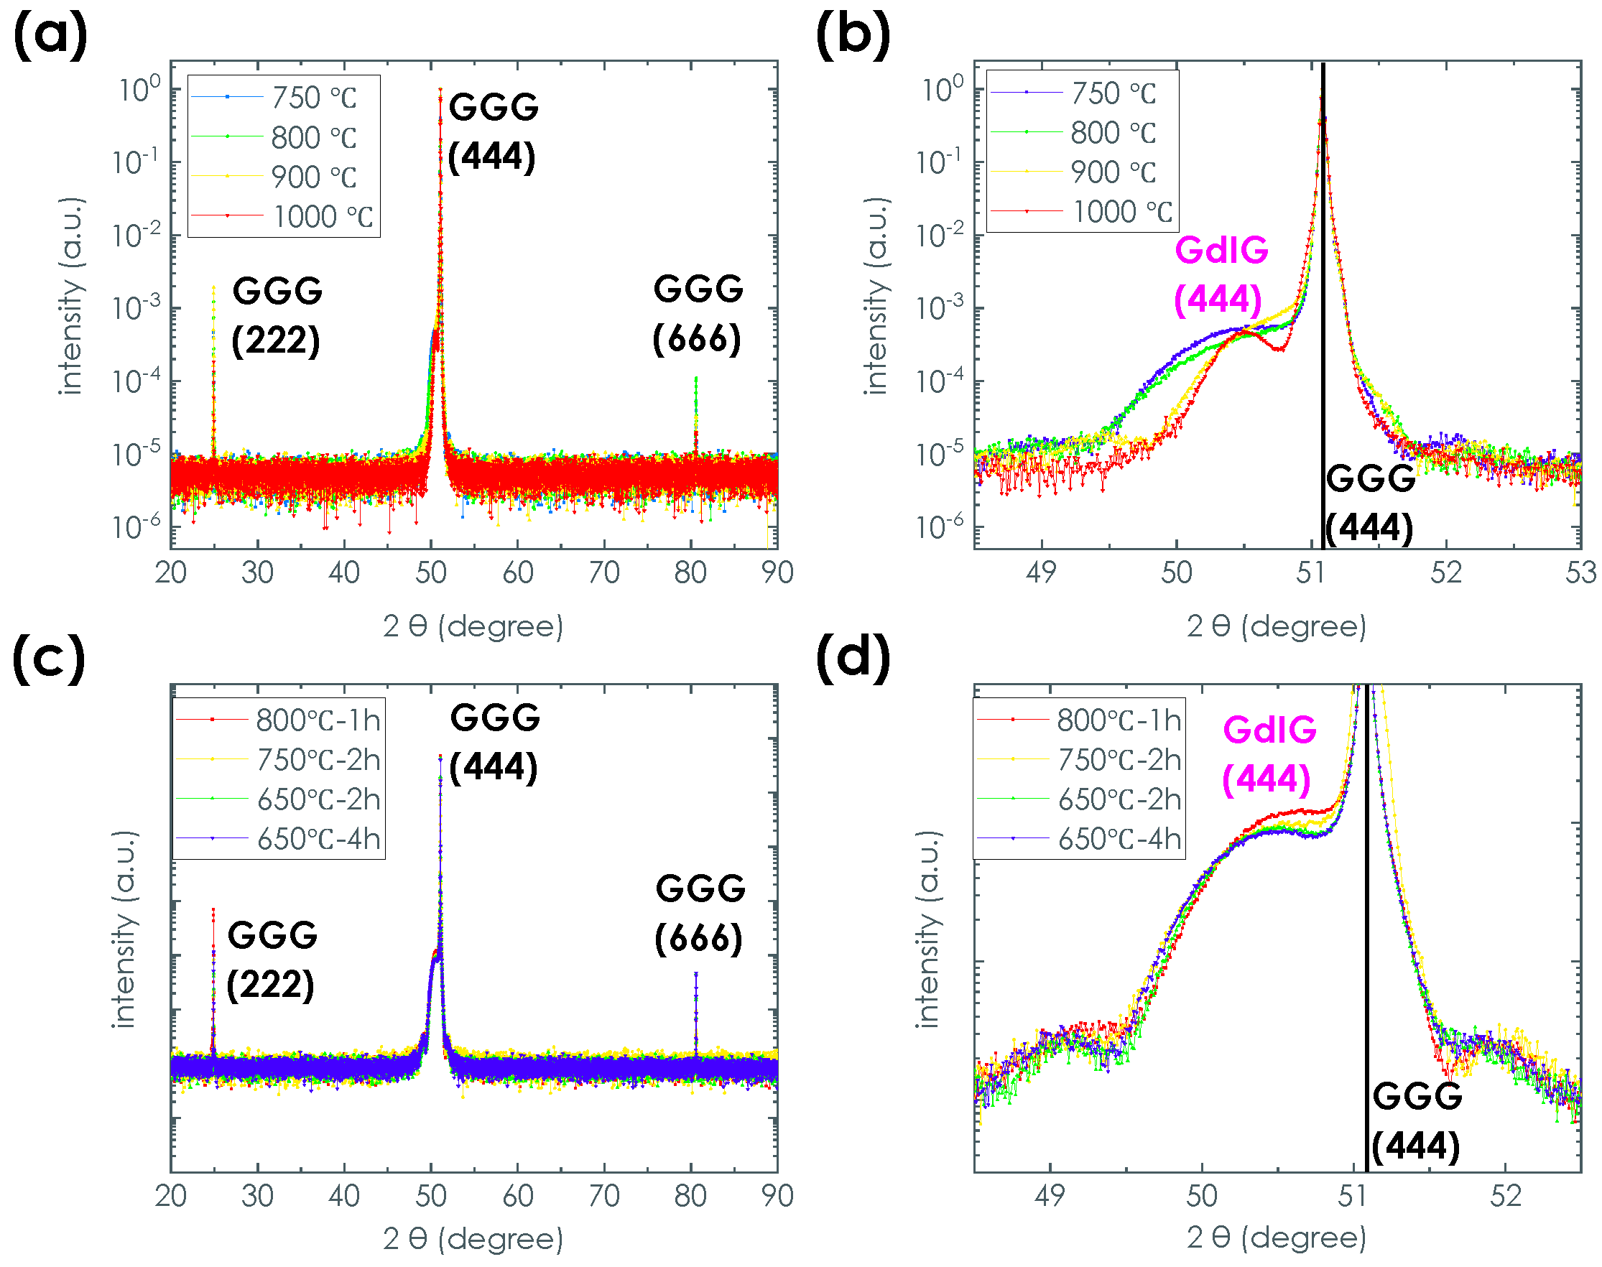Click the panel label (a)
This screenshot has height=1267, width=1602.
[50, 35]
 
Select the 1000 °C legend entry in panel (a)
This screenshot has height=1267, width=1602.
[322, 217]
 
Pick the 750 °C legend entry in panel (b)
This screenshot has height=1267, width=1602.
[1113, 93]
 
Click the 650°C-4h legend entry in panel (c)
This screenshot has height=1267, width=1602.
[318, 839]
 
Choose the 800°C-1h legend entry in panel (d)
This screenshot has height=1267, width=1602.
[1119, 720]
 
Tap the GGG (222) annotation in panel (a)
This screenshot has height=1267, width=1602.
[276, 315]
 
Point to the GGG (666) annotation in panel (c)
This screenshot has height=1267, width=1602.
[699, 913]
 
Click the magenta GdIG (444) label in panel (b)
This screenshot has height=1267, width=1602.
[1221, 274]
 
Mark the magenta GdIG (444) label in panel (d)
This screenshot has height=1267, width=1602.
[1269, 753]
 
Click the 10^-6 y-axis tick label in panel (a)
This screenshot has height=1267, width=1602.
[136, 526]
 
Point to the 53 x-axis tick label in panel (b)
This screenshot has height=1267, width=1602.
[1580, 572]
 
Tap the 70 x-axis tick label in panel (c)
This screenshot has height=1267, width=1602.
[604, 1196]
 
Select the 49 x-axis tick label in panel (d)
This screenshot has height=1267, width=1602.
[1050, 1196]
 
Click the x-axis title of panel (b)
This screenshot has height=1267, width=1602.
[1277, 626]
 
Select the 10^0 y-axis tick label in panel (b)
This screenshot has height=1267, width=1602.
[942, 90]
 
